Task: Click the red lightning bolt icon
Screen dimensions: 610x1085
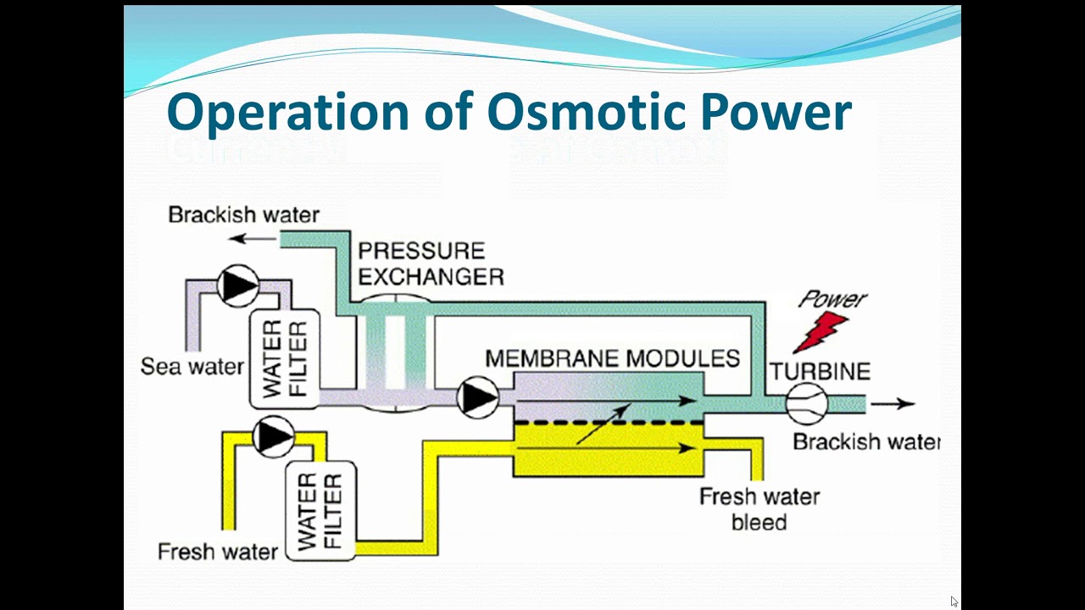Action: coord(821,331)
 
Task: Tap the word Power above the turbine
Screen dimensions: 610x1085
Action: coord(832,298)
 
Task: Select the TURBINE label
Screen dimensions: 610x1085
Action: coord(820,371)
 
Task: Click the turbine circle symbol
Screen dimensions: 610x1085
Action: coord(806,404)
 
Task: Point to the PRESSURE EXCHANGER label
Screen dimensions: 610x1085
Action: coord(431,263)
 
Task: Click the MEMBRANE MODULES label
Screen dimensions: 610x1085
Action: coord(612,358)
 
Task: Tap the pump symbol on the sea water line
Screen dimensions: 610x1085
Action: coord(238,286)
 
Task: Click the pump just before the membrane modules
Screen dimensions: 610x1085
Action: coord(478,397)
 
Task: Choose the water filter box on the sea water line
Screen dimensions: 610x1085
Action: coord(284,358)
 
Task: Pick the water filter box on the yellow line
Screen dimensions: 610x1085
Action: coord(320,511)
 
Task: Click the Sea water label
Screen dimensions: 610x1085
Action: coord(192,367)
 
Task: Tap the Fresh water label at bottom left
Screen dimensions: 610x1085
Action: coord(218,552)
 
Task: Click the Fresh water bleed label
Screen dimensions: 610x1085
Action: coord(759,509)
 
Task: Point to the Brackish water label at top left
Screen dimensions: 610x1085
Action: coord(244,214)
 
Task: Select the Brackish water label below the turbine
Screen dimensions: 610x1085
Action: coord(866,441)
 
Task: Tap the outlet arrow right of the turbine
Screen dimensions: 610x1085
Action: coord(893,404)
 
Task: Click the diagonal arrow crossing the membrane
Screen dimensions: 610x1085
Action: coord(604,423)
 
